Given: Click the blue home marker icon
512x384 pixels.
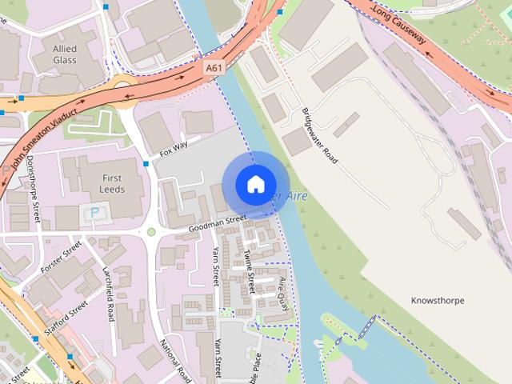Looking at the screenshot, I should tap(254, 185).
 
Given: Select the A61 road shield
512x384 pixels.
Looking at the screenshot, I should tap(213, 69).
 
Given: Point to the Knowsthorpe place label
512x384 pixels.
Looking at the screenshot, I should tap(438, 300).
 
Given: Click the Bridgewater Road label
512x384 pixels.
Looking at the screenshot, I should tap(320, 135).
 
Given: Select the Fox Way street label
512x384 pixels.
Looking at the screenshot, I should tap(174, 147).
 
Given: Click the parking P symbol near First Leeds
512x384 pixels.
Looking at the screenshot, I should tap(94, 214).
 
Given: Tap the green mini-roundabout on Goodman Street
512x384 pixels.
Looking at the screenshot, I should tap(150, 233).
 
